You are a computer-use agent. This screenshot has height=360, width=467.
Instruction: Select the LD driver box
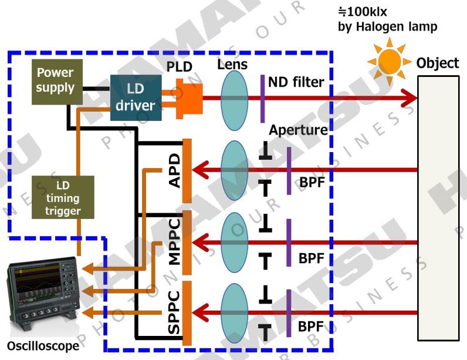pyautogui.click(x=136, y=97)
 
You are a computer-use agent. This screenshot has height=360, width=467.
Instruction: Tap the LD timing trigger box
pyautogui.click(x=63, y=197)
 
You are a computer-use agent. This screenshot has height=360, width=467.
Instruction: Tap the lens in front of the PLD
pyautogui.click(x=236, y=97)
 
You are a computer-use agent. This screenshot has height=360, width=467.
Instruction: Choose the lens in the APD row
pyautogui.click(x=236, y=170)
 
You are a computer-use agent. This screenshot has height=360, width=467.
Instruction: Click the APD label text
pyautogui.click(x=174, y=171)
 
